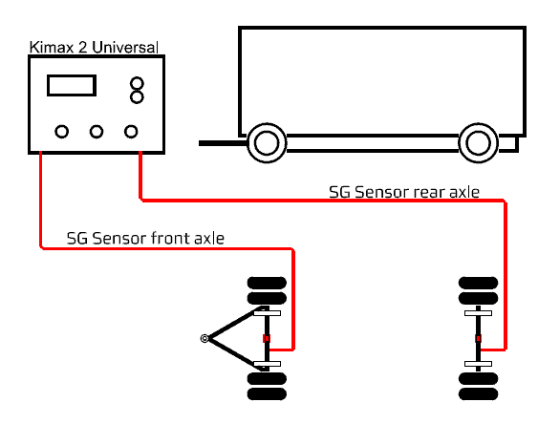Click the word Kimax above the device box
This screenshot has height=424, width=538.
coord(52,48)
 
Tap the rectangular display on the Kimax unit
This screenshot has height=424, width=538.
coord(72,85)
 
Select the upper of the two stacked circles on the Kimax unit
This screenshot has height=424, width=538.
coord(137,83)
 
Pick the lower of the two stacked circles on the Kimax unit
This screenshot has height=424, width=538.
coord(137,97)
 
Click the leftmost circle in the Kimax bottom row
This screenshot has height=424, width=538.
coord(62,132)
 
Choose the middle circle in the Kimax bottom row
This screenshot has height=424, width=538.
coord(97,132)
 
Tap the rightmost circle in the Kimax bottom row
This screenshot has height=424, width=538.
coord(131,132)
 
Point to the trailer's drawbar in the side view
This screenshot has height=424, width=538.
coord(223,143)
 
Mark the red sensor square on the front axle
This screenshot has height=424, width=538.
coord(267,339)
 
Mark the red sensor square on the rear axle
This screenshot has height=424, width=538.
coord(478,339)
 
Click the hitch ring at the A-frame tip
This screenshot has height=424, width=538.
coord(204,339)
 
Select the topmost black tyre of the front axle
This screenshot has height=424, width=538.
coord(267,283)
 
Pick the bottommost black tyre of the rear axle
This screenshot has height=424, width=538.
coord(479,393)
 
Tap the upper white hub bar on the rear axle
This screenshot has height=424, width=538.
coord(479,313)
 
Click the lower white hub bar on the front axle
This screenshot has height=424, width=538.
coord(267,364)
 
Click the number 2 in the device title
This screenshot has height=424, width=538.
coord(83,48)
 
